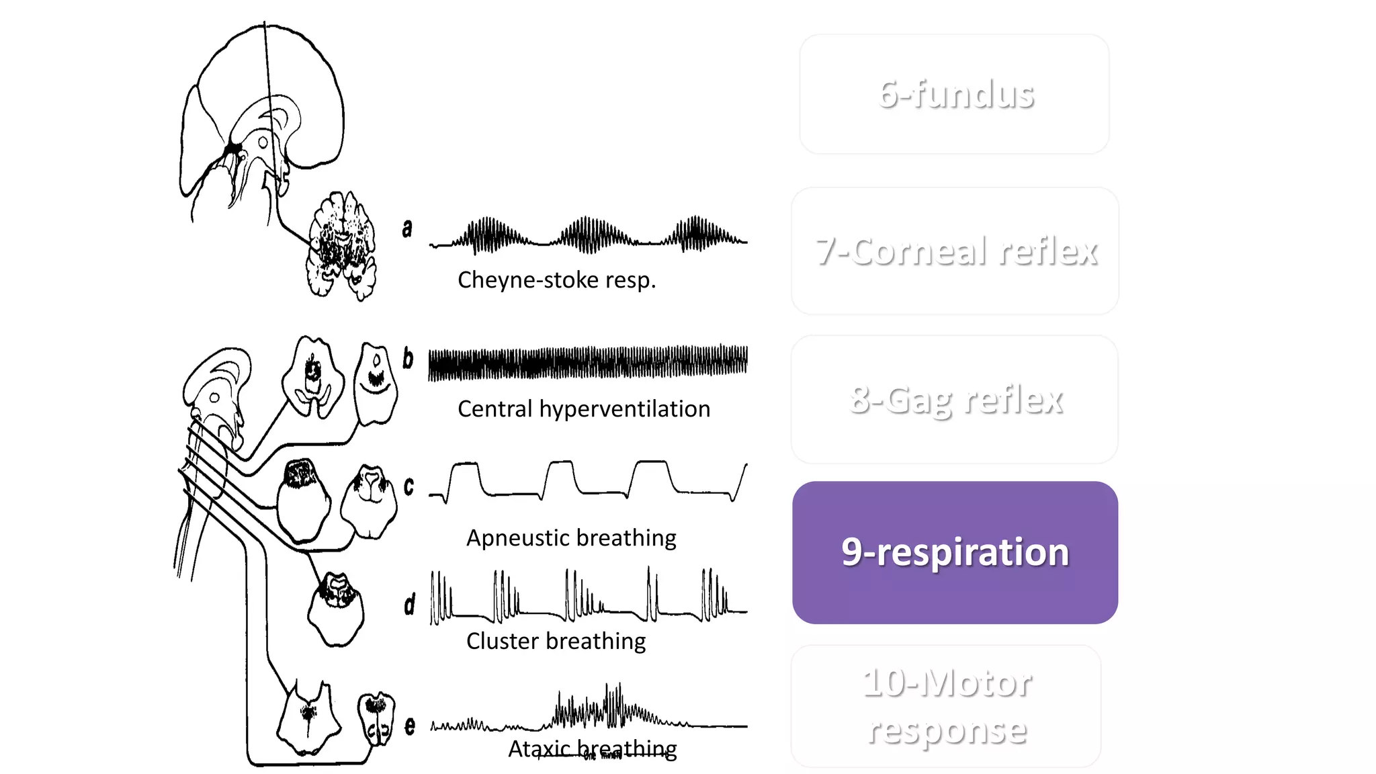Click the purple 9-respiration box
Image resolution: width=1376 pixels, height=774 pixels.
(955, 552)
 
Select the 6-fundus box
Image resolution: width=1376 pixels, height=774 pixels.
(955, 94)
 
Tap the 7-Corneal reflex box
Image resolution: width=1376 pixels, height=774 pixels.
(955, 251)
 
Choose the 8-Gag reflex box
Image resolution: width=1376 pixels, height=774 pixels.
(955, 400)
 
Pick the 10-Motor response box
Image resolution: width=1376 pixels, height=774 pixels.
(946, 706)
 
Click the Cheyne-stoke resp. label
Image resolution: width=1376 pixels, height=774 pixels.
(556, 280)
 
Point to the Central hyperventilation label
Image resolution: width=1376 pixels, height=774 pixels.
(583, 409)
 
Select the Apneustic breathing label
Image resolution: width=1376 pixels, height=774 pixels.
(571, 538)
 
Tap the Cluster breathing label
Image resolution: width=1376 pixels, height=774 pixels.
(556, 641)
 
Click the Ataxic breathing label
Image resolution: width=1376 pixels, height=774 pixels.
(592, 748)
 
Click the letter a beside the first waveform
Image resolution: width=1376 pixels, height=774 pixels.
(407, 228)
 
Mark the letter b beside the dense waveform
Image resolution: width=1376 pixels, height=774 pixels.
(408, 357)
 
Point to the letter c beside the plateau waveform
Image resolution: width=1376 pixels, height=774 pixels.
(408, 486)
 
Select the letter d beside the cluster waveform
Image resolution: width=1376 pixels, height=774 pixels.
(409, 605)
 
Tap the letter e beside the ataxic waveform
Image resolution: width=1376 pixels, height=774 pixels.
(410, 726)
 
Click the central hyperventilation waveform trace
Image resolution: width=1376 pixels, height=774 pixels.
(588, 363)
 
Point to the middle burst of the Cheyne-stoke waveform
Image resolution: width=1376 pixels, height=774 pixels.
(589, 235)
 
